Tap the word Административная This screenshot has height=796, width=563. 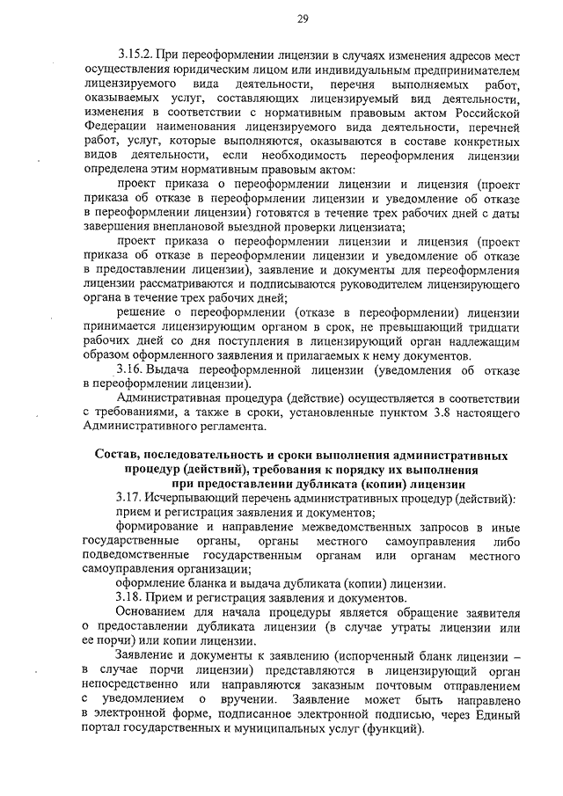(168, 398)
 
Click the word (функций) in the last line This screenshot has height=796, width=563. (396, 728)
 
